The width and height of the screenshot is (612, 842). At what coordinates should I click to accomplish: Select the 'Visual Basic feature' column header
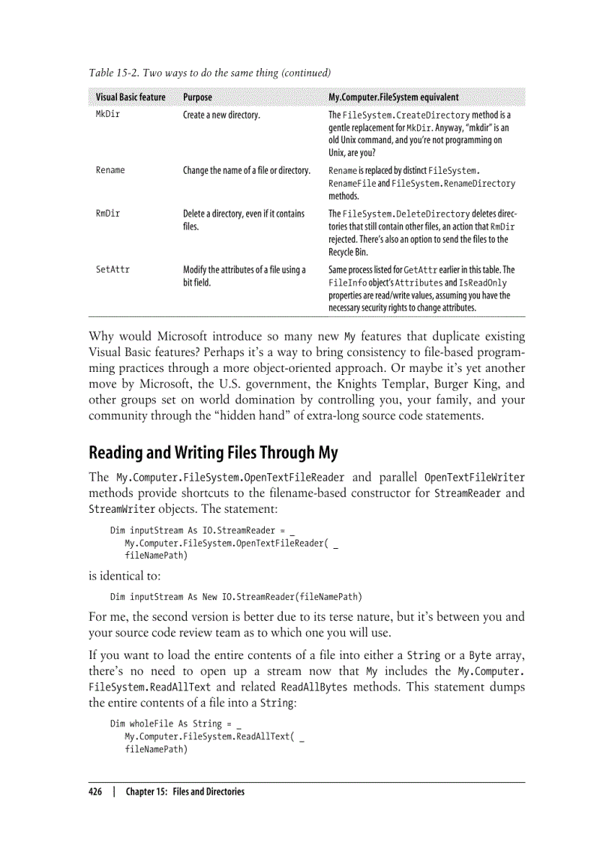click(130, 97)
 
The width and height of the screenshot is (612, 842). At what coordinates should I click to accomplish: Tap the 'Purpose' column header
click(197, 97)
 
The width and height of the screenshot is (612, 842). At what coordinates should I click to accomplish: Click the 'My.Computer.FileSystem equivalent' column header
click(394, 97)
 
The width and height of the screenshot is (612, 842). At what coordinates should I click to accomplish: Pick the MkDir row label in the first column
click(108, 115)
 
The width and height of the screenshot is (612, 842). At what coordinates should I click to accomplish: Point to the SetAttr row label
click(112, 269)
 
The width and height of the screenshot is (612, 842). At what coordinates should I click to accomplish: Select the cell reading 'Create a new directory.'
click(221, 115)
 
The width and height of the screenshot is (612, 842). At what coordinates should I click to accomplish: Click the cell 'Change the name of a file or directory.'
click(247, 170)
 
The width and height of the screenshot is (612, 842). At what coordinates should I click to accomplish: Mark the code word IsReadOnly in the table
click(484, 283)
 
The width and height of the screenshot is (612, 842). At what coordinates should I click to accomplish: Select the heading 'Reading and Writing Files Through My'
click(213, 453)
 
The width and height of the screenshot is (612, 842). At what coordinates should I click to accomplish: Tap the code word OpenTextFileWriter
click(474, 478)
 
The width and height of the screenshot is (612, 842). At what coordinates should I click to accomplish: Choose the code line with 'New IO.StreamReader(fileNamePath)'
click(235, 597)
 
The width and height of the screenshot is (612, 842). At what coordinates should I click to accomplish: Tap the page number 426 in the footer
click(95, 791)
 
